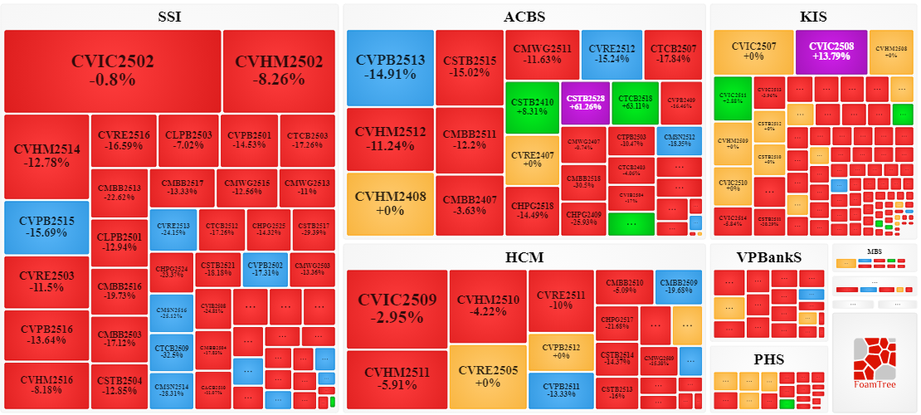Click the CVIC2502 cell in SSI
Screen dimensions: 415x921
[x=113, y=71]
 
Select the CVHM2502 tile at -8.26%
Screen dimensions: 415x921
[x=279, y=71]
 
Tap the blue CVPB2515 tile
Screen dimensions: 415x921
[x=46, y=227]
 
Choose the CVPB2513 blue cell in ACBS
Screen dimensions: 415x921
[x=390, y=67]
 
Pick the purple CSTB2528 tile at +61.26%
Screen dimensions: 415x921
[x=584, y=102]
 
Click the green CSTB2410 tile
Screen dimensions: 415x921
[x=531, y=107]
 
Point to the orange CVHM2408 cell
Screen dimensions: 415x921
[x=390, y=204]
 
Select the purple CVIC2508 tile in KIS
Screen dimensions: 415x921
[x=831, y=51]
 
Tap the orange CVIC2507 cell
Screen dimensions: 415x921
[x=753, y=51]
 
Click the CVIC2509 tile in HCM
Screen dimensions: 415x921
[x=397, y=309]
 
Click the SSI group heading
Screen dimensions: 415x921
[x=169, y=17]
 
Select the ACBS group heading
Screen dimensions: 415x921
[x=524, y=17]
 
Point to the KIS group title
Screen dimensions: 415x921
[x=813, y=17]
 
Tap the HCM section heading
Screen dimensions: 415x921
[x=524, y=257]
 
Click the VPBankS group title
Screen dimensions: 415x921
[x=769, y=257]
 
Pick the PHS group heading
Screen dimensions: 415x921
[x=769, y=359]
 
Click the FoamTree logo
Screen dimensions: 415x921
[x=875, y=365]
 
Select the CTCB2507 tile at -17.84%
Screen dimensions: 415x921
[x=673, y=53]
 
